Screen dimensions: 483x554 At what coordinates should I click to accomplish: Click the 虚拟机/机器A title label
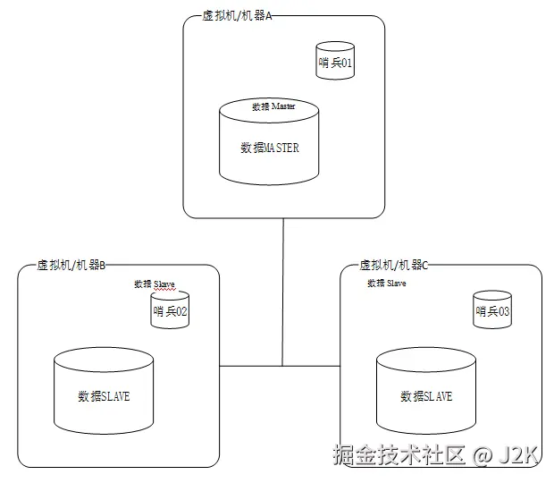click(238, 18)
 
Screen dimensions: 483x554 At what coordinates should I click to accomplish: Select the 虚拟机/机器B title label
click(71, 266)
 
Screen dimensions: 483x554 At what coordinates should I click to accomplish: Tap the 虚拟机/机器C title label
click(394, 266)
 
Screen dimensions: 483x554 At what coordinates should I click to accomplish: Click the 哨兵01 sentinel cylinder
click(336, 63)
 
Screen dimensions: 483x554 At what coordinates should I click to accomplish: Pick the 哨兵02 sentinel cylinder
click(170, 312)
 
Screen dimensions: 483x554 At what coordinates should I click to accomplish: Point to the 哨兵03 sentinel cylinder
click(492, 311)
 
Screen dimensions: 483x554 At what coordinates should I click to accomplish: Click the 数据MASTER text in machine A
click(269, 148)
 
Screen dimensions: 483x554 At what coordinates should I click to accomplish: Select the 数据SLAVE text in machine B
click(104, 396)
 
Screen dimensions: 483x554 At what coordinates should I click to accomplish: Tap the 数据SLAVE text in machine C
click(426, 396)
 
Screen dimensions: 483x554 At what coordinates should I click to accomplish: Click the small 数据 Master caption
click(273, 106)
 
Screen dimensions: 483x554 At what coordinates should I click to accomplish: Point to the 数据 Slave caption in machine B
click(155, 284)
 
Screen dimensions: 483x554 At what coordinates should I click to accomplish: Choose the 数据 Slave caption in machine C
click(387, 284)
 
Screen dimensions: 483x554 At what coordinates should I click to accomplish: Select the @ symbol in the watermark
click(483, 456)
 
